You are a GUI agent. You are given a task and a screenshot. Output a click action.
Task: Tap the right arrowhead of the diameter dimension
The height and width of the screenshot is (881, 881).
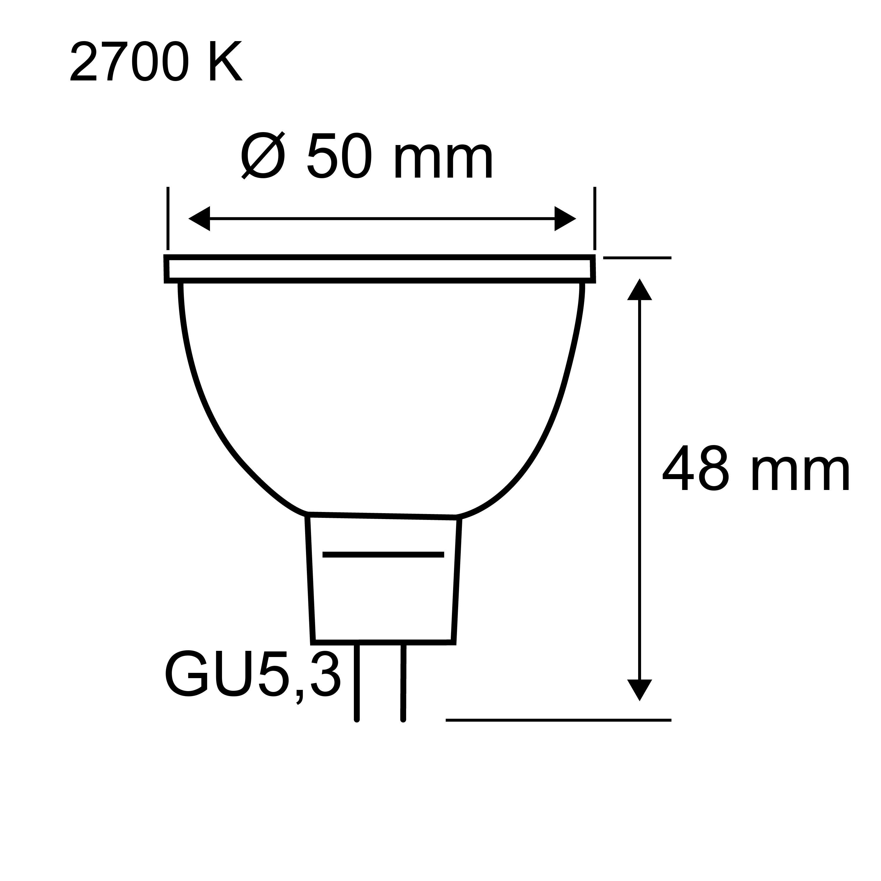coord(565,218)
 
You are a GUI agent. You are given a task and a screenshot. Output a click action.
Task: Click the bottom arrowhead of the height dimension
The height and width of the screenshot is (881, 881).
coord(639,702)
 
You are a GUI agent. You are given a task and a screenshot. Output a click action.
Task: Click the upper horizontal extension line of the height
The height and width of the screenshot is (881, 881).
coord(637,258)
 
